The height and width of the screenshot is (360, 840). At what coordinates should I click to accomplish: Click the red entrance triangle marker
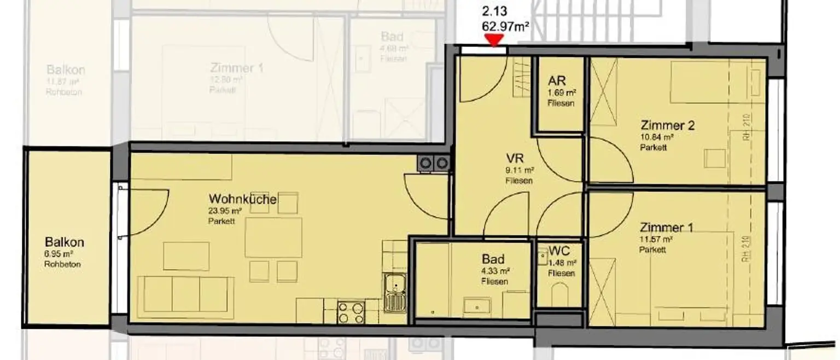495,40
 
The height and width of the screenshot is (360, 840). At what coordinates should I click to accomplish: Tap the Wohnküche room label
242,199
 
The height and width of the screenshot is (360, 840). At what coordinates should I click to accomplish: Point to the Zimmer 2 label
668,125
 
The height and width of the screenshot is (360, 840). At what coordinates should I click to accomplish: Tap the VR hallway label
516,159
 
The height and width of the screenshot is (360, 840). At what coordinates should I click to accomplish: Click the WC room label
559,252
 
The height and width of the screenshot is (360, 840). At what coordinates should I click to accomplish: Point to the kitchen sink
394,293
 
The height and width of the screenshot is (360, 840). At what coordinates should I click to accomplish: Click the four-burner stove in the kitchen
351,312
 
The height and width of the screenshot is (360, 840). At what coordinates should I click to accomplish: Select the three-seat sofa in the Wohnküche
185,294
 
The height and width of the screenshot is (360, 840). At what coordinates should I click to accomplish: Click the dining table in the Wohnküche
273,237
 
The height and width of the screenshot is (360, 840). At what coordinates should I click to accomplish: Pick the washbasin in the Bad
477,306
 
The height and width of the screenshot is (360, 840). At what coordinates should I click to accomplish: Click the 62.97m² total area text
505,26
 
